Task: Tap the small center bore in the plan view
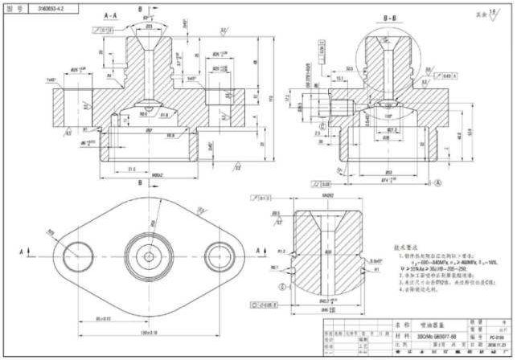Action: pyautogui.click(x=150, y=256)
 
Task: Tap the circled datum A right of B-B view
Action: pyautogui.click(x=439, y=183)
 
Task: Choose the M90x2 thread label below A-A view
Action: pyautogui.click(x=135, y=175)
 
